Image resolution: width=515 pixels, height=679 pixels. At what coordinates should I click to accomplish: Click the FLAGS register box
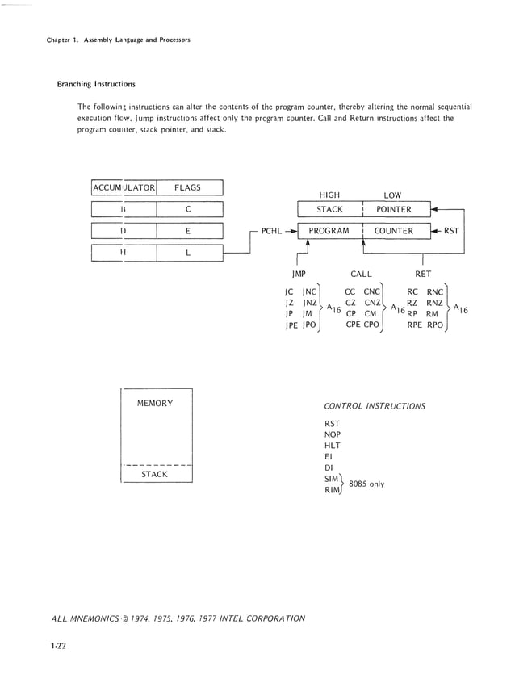point(187,188)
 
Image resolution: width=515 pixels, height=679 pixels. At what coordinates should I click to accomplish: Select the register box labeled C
point(187,210)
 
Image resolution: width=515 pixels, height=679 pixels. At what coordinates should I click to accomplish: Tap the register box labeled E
point(187,231)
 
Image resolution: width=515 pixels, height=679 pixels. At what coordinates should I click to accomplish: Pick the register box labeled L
point(187,253)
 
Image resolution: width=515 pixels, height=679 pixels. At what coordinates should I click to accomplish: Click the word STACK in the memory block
point(155,475)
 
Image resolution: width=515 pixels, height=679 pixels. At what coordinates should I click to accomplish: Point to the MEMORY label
point(155,403)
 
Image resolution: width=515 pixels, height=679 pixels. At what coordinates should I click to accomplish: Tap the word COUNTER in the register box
point(393,231)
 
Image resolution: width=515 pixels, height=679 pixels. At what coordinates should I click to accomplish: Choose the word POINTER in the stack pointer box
point(394,210)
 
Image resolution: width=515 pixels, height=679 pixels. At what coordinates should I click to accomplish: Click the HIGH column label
point(329,195)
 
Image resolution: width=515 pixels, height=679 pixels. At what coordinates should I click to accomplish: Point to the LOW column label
point(392,195)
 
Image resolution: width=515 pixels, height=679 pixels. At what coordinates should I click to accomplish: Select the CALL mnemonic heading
point(361,275)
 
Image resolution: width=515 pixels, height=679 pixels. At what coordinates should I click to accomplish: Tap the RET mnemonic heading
point(423,275)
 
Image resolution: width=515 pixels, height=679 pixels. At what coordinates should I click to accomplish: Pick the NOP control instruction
point(333,434)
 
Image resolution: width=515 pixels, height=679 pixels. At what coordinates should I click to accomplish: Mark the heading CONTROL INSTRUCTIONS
point(375,406)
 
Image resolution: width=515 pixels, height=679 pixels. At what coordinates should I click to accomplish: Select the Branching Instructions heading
point(95,84)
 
